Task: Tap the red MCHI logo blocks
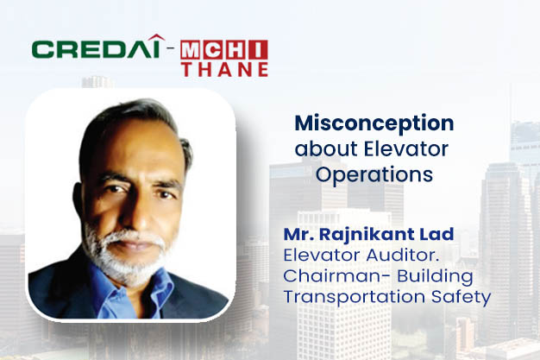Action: coord(224,48)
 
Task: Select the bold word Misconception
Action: coord(374,123)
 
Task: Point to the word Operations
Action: coord(374,174)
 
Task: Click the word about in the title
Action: coord(318,148)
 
